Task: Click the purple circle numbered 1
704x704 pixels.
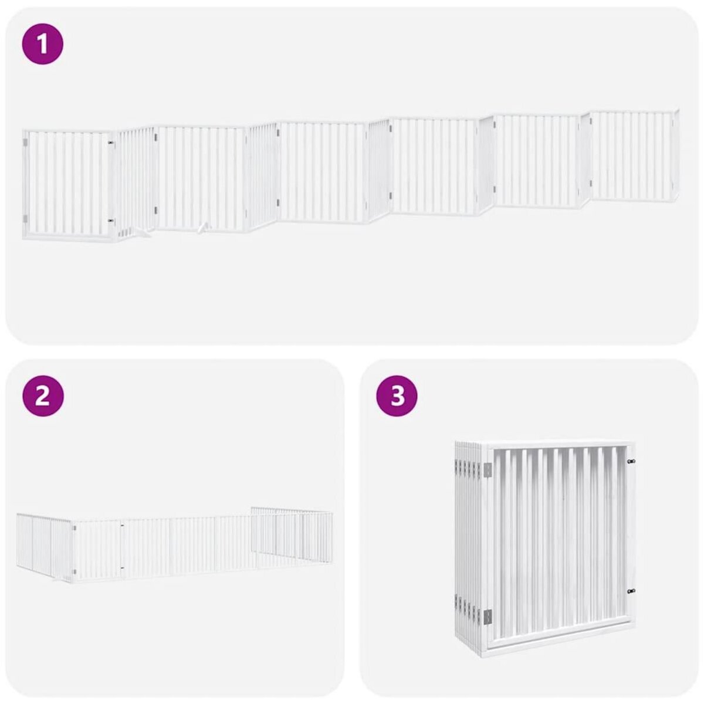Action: pos(42,43)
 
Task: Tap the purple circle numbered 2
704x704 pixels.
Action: pos(42,397)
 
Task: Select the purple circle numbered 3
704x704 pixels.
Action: pos(397,397)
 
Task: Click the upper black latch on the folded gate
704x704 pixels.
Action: pos(631,462)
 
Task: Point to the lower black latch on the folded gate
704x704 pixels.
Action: pos(631,592)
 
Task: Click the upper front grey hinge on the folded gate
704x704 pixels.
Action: pos(487,470)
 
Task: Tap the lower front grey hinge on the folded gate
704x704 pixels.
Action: pos(487,615)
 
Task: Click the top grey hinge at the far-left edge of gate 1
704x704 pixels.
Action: pos(25,143)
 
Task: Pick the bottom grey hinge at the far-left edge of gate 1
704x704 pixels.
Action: pos(25,218)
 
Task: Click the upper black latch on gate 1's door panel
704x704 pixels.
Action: pos(110,142)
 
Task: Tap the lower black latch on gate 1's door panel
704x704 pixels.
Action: pos(110,221)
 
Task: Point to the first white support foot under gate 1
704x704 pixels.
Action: pos(141,232)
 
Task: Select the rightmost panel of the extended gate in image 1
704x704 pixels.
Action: pos(634,154)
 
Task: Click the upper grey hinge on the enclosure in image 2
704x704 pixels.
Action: pos(75,527)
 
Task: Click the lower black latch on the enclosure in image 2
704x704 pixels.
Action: pos(121,567)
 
